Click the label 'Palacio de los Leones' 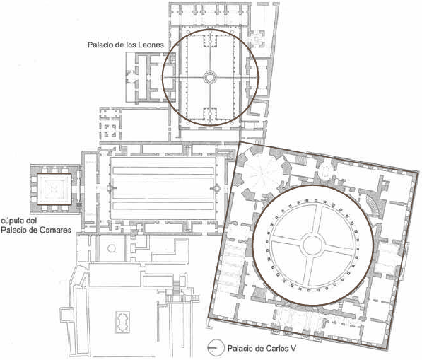pos(125,45)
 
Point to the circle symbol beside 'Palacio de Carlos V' pos(216,347)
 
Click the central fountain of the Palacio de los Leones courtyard pos(210,78)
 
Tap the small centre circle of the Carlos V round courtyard pos(312,245)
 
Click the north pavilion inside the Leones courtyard pos(210,40)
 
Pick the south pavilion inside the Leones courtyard pos(210,115)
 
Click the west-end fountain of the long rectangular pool pos(110,188)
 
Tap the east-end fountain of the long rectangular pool pos(216,188)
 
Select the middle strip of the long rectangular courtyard pos(163,188)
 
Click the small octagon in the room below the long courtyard pos(112,248)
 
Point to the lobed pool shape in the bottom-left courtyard pos(123,322)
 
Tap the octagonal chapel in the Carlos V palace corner pos(261,173)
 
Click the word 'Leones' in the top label pos(151,45)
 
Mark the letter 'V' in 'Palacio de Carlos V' pos(293,348)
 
